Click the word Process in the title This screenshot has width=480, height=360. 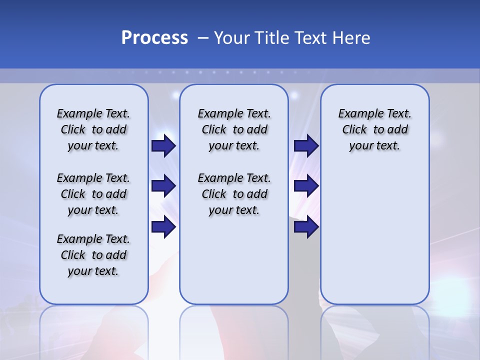click(154, 38)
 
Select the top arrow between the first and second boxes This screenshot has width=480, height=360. click(163, 145)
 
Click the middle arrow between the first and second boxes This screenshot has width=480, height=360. click(163, 186)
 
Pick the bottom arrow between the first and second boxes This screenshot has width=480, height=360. click(163, 227)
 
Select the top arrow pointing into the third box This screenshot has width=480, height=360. click(306, 145)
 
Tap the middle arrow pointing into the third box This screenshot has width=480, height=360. click(306, 186)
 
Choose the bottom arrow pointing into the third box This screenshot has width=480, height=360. click(306, 227)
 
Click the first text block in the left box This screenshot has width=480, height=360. click(93, 129)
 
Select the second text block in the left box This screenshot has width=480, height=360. click(93, 194)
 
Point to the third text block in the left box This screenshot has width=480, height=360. click(93, 255)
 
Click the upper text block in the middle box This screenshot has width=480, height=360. click(234, 129)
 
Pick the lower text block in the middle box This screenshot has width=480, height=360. click(234, 194)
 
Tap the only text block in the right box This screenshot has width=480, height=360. click(374, 129)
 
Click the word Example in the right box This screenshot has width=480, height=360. click(357, 113)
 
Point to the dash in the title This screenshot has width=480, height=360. click(203, 38)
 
